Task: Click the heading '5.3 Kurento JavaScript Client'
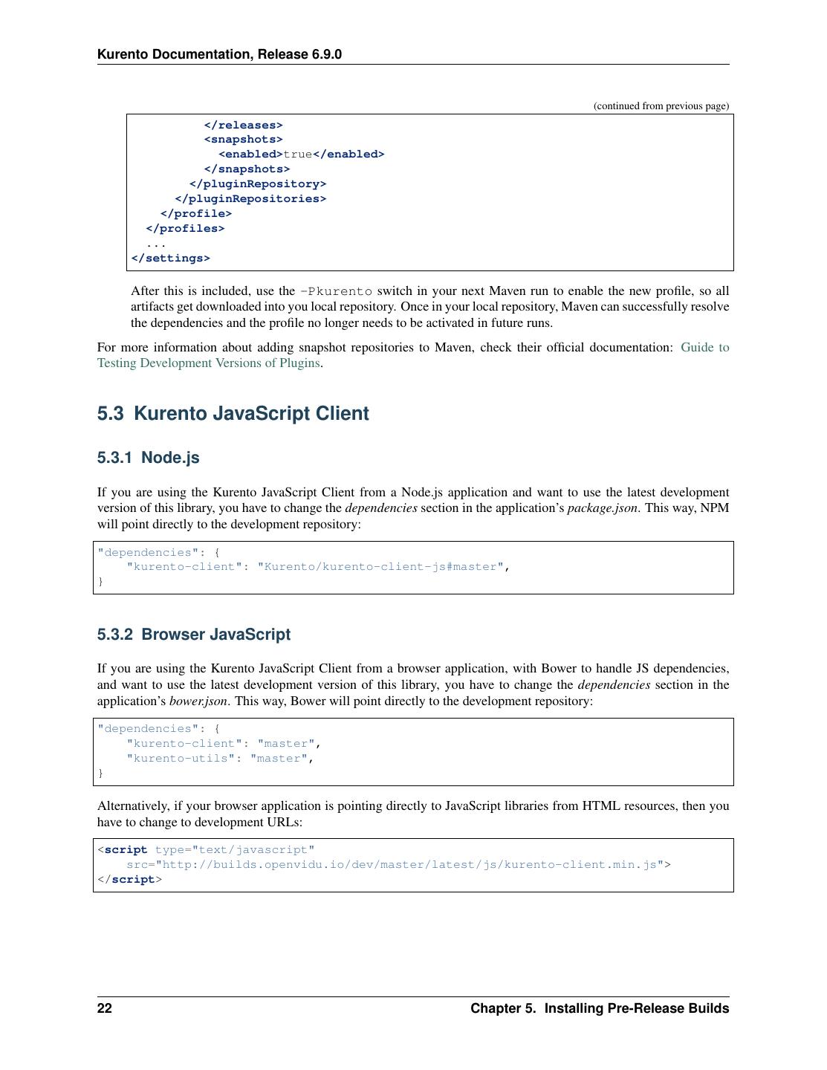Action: pos(233,414)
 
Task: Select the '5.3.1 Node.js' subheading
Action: pos(148,458)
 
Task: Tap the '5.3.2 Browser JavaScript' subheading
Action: pos(193,635)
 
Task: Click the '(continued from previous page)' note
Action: pos(661,106)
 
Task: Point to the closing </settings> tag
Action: pos(170,259)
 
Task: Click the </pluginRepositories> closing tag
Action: pos(250,199)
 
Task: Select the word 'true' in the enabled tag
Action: pos(297,155)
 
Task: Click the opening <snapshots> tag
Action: pos(243,140)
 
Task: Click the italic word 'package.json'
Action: pos(602,508)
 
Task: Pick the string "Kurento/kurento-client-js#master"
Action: pos(380,567)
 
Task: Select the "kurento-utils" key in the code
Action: pos(181,759)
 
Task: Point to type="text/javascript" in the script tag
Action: pos(235,850)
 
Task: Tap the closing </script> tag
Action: pos(129,880)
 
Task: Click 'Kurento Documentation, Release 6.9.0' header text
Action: pos(219,54)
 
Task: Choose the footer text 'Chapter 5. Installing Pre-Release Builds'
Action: pos(599,1008)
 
